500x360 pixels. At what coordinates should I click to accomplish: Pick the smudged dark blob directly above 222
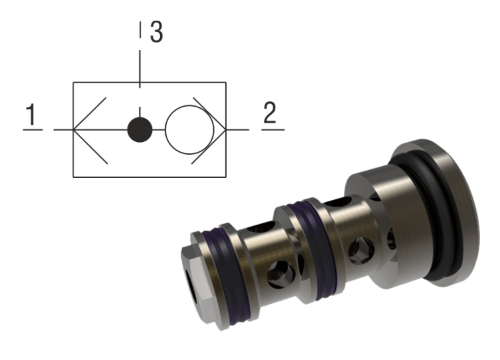(x=159, y=27)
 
